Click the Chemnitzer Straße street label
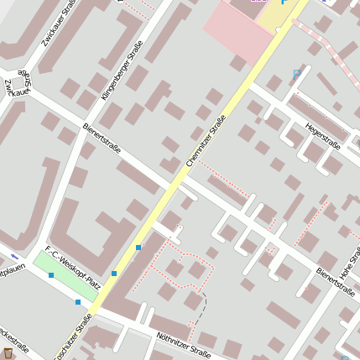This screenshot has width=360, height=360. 206,140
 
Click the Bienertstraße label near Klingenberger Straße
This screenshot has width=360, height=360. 102,138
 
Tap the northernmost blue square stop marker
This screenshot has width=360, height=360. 138,247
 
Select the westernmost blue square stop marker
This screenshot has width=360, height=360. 51,275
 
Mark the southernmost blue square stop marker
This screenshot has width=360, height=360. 78,301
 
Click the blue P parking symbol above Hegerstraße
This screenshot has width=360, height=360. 296,74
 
